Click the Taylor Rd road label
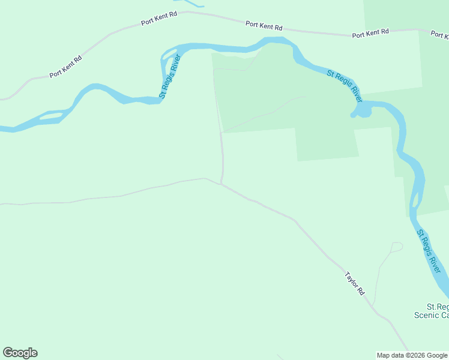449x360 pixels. (355, 283)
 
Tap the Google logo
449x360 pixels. (20, 353)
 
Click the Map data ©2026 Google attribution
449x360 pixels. (412, 355)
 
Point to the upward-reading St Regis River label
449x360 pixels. (170, 77)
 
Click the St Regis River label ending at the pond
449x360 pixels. (345, 86)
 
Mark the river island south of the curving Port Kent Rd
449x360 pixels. (51, 115)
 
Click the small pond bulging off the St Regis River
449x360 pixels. (362, 112)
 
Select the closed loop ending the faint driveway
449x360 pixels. (397, 246)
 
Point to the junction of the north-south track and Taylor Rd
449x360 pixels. (221, 183)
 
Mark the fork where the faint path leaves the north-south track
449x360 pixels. (222, 133)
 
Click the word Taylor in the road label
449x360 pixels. (352, 280)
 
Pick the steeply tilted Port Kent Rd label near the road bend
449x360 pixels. (65, 67)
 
